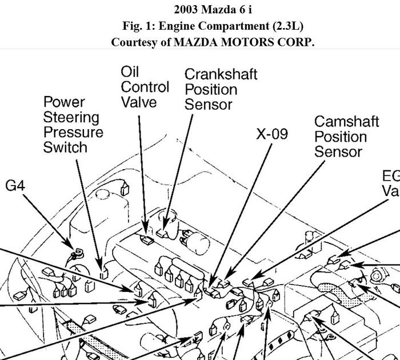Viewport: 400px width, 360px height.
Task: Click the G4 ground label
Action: click(x=15, y=186)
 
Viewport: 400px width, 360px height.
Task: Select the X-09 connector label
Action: click(x=271, y=134)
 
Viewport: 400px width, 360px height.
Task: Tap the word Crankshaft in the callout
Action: click(x=221, y=74)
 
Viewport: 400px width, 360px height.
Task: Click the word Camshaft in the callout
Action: click(x=346, y=122)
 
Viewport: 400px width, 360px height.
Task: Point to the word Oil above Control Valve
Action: click(x=130, y=71)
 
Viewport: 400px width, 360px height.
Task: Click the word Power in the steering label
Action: click(x=64, y=102)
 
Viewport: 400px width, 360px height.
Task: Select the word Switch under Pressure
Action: click(x=65, y=147)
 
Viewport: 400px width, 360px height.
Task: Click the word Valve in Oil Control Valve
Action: click(x=138, y=102)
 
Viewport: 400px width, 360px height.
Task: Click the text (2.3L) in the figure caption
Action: click(x=287, y=26)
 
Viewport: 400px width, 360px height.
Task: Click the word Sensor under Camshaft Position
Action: click(x=338, y=152)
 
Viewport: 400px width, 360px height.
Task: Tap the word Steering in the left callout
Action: click(x=71, y=117)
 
